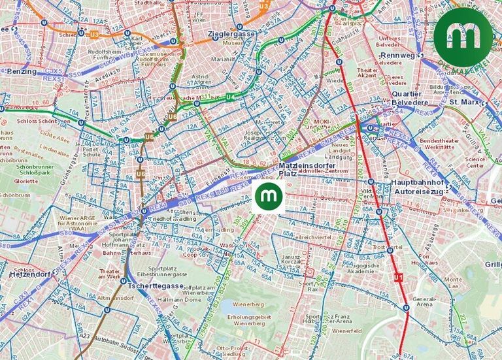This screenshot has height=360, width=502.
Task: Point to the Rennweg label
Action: pyautogui.click(x=397, y=56)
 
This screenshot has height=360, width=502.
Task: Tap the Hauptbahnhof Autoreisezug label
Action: pyautogui.click(x=422, y=188)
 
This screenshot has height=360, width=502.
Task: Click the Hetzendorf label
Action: pyautogui.click(x=30, y=275)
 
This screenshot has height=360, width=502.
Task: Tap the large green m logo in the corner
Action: pyautogui.click(x=463, y=37)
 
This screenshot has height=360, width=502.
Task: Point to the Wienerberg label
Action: pyautogui.click(x=248, y=305)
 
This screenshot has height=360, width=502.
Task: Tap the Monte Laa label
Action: pyautogui.click(x=453, y=282)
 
